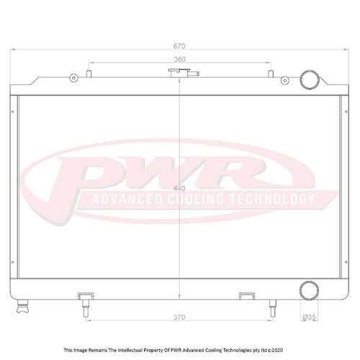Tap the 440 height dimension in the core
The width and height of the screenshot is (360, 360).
[x=180, y=188]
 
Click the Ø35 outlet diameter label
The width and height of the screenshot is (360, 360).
[x=309, y=317]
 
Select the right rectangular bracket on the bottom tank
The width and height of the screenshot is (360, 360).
[x=246, y=294]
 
